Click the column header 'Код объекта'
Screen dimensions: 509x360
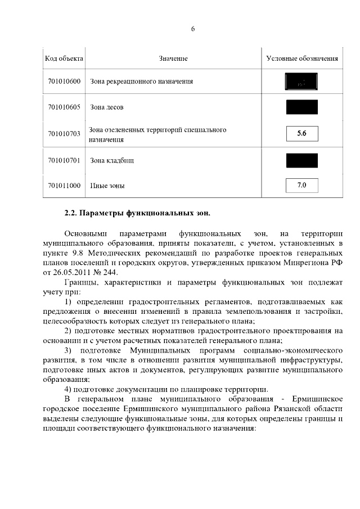pos(64,58)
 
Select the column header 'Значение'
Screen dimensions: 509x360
pos(173,58)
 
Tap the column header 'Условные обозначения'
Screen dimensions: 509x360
pos(301,58)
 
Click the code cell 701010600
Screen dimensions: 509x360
pos(64,82)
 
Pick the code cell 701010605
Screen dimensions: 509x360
pos(64,107)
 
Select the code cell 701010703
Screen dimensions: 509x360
pos(64,134)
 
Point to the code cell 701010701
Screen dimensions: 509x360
pos(64,160)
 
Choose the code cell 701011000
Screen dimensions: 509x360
pos(64,185)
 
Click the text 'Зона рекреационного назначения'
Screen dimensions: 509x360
pos(141,82)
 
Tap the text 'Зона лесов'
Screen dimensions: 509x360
pos(107,107)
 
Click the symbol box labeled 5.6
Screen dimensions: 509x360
pos(301,134)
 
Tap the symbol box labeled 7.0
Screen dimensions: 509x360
pos(301,185)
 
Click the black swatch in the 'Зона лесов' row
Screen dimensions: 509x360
pos(301,107)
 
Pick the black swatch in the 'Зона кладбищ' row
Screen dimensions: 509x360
pos(301,160)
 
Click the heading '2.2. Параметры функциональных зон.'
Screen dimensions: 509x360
pos(138,213)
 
